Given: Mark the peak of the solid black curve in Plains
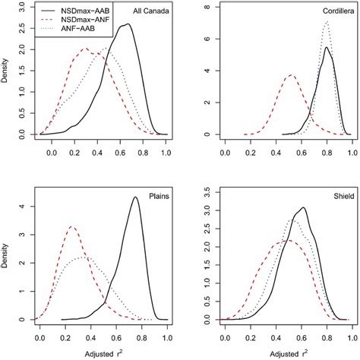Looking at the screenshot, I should click(135, 197).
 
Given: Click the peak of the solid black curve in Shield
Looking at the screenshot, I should click(303, 207).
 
